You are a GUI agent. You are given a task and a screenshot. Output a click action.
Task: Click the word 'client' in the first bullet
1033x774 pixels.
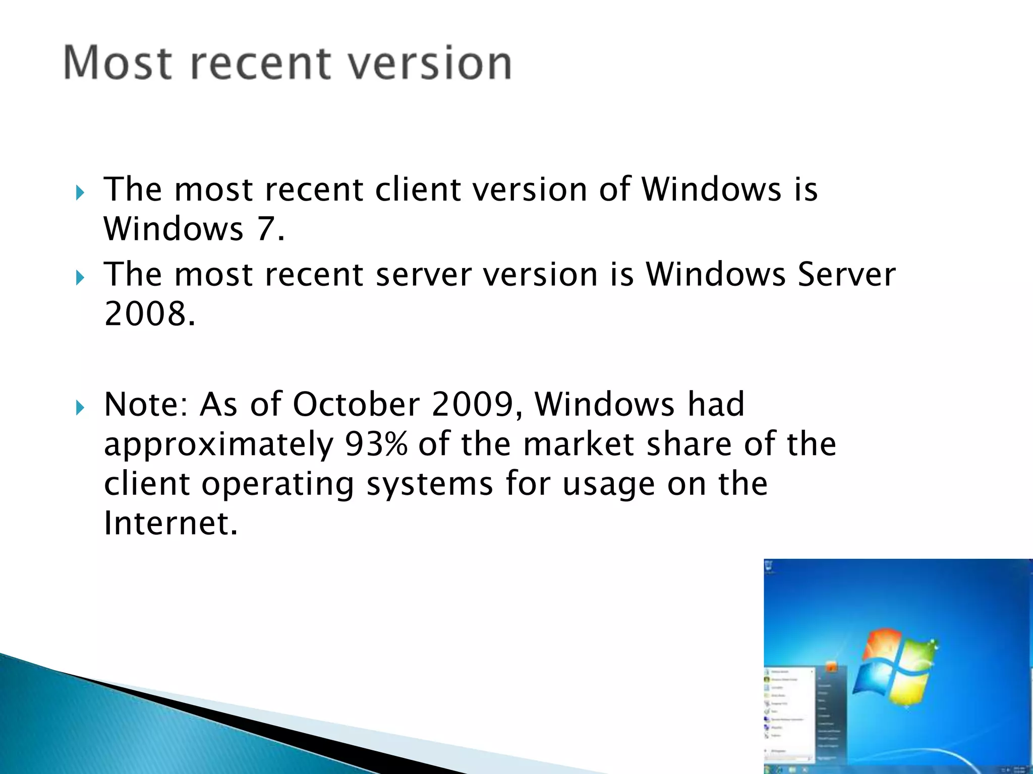click(418, 189)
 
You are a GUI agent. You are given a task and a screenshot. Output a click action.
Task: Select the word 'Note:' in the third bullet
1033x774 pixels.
click(145, 404)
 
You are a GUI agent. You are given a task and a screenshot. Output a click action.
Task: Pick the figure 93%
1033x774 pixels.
click(376, 444)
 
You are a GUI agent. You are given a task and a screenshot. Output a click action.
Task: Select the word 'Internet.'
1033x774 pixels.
click(170, 523)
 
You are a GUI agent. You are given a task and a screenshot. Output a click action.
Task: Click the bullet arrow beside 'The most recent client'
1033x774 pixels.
click(80, 192)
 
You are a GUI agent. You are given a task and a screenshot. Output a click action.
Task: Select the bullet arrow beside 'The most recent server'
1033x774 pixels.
click(80, 277)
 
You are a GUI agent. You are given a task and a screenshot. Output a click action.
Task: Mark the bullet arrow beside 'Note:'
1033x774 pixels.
click(80, 407)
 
